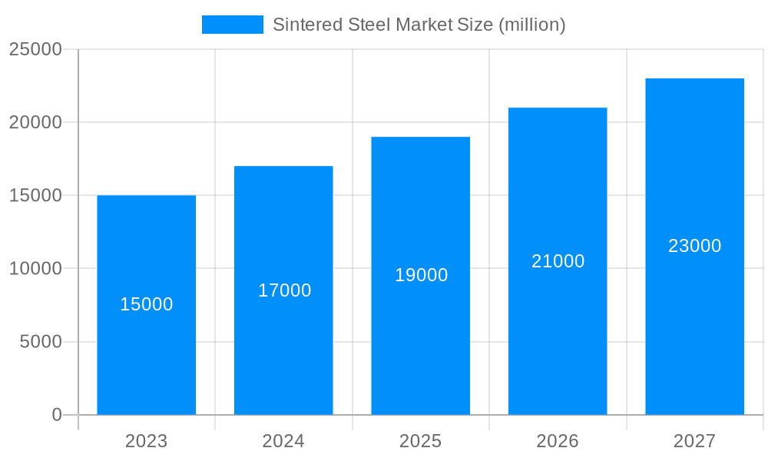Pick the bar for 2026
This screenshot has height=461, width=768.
(558, 346)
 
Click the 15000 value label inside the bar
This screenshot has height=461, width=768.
(147, 305)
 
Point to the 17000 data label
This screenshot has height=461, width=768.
(284, 291)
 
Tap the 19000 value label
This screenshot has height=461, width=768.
(421, 276)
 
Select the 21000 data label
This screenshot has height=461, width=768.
(558, 262)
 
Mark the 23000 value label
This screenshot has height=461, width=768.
(694, 247)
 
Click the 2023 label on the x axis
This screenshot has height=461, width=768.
(146, 442)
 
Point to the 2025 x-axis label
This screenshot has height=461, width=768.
(420, 442)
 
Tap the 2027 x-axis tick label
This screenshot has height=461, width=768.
(694, 442)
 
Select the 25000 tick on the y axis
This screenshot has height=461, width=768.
(35, 50)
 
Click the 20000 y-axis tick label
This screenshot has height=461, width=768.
(35, 123)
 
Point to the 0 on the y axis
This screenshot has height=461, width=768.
(57, 415)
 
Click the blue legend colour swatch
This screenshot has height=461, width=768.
(232, 25)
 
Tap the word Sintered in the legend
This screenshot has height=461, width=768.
(303, 25)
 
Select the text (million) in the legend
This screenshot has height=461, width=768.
(532, 25)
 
